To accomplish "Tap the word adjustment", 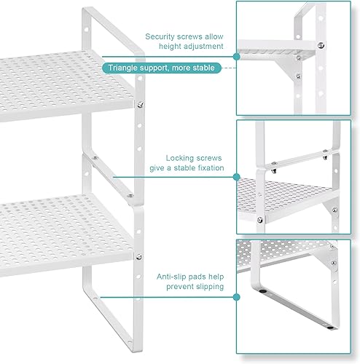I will (204, 47).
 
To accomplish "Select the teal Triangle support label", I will (163, 68).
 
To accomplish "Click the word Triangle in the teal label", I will (126, 68).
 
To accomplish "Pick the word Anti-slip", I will (174, 276).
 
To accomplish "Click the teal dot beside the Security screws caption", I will (236, 55).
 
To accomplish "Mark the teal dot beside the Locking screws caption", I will (236, 175).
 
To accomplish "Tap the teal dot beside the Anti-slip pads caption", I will (236, 296).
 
